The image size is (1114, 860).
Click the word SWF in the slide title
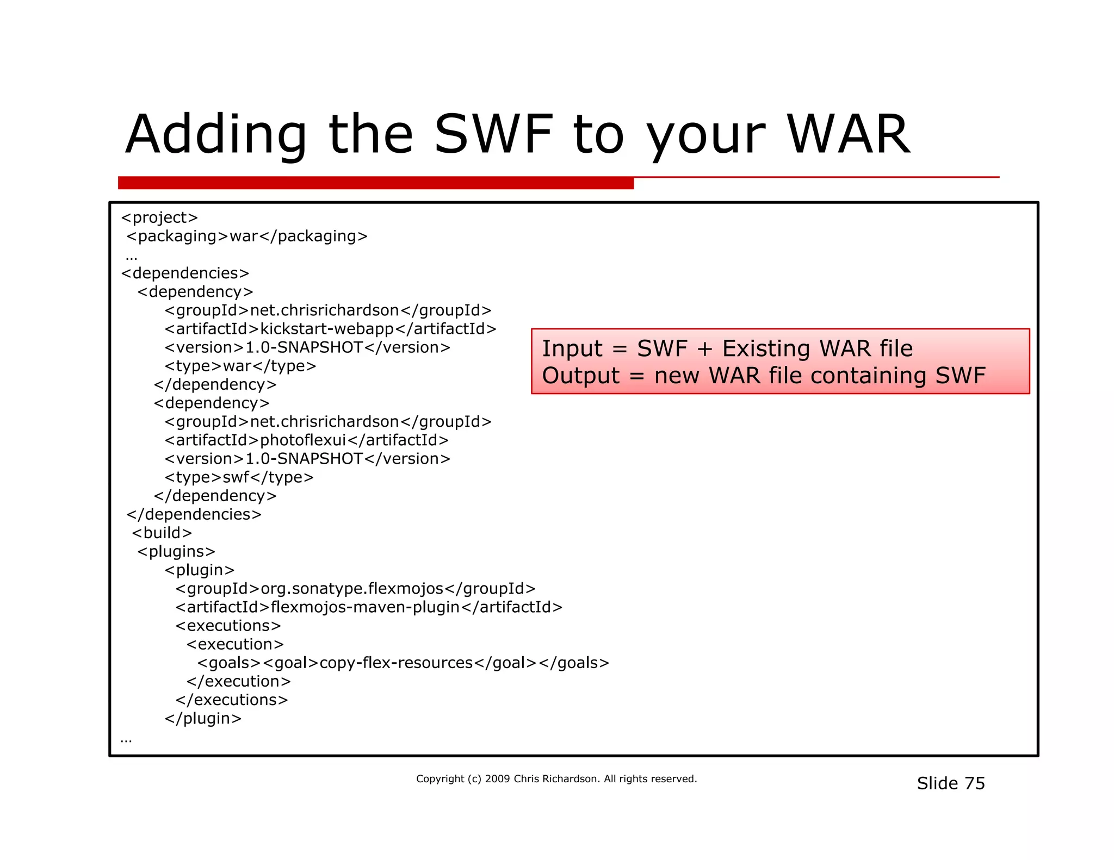(493, 135)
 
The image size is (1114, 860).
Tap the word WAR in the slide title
(848, 135)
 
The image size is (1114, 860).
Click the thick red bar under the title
(375, 183)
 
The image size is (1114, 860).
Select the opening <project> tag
(159, 217)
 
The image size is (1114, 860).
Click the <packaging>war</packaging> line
(247, 236)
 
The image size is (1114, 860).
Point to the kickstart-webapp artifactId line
(330, 329)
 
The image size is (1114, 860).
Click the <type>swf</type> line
(239, 477)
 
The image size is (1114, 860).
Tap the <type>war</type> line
(240, 366)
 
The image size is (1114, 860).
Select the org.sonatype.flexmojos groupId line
(355, 589)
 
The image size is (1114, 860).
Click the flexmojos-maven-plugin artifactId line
(368, 607)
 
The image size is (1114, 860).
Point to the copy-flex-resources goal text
(396, 663)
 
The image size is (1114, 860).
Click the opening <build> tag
(162, 533)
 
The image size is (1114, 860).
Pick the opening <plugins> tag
(176, 552)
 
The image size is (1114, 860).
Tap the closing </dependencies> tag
(194, 514)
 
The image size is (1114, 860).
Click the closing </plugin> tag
(203, 719)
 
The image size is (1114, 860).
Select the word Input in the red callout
(572, 348)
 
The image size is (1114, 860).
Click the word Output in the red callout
(580, 376)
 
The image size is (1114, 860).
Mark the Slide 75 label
(950, 783)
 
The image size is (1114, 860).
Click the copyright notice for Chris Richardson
(556, 779)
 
